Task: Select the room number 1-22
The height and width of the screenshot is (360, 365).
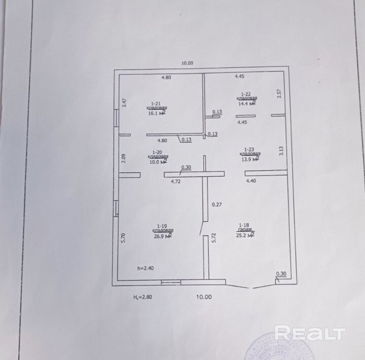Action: click(x=246, y=94)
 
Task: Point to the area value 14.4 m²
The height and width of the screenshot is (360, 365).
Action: click(x=246, y=104)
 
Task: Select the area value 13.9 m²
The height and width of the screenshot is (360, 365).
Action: click(x=250, y=159)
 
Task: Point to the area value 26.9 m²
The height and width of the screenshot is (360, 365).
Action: click(x=162, y=236)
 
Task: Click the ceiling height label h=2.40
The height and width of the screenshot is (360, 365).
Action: click(x=145, y=268)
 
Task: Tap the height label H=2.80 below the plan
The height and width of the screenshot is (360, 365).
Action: click(x=142, y=297)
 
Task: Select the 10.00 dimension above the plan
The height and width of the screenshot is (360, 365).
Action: click(x=188, y=63)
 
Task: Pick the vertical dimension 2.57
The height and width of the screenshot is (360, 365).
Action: click(x=279, y=94)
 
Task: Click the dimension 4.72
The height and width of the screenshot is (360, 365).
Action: click(x=176, y=181)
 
